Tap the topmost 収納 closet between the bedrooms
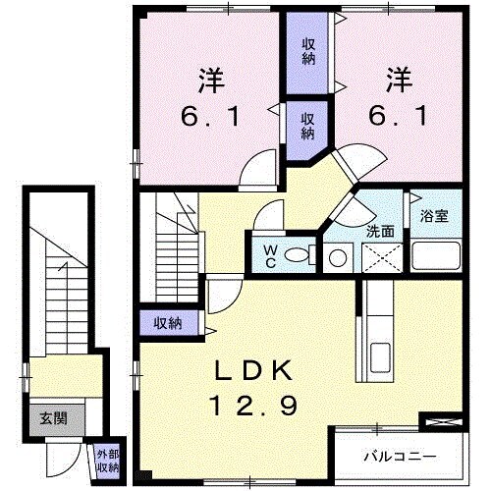[x=308, y=51]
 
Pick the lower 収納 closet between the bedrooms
[x=307, y=125]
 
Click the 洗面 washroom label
[x=381, y=232]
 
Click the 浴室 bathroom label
[x=435, y=216]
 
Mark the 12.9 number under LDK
[x=253, y=405]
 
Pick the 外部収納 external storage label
[x=107, y=460]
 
